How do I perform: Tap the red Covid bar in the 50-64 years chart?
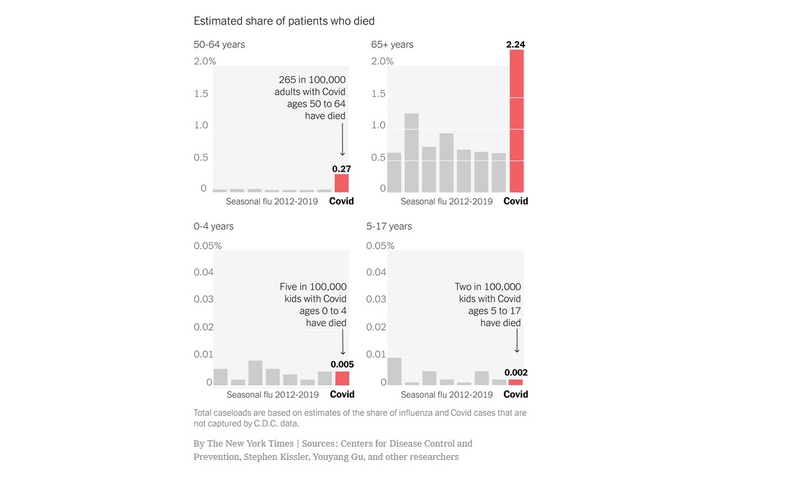342,183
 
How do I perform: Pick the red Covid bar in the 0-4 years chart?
342,378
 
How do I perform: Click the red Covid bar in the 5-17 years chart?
516,382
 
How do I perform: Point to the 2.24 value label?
516,45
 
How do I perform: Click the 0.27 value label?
341,168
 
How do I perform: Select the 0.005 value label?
342,364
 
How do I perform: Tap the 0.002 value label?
516,373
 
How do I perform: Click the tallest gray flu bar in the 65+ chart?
412,152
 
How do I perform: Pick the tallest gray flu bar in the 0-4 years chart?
255,373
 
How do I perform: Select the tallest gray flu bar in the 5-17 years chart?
394,371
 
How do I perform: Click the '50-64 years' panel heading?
219,45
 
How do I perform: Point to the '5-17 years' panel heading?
389,226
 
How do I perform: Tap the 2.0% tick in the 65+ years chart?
382,62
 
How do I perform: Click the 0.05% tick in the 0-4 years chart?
208,246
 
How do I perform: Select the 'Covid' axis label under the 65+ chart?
516,201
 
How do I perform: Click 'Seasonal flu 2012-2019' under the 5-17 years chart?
447,394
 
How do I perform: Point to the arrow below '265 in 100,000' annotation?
342,140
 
